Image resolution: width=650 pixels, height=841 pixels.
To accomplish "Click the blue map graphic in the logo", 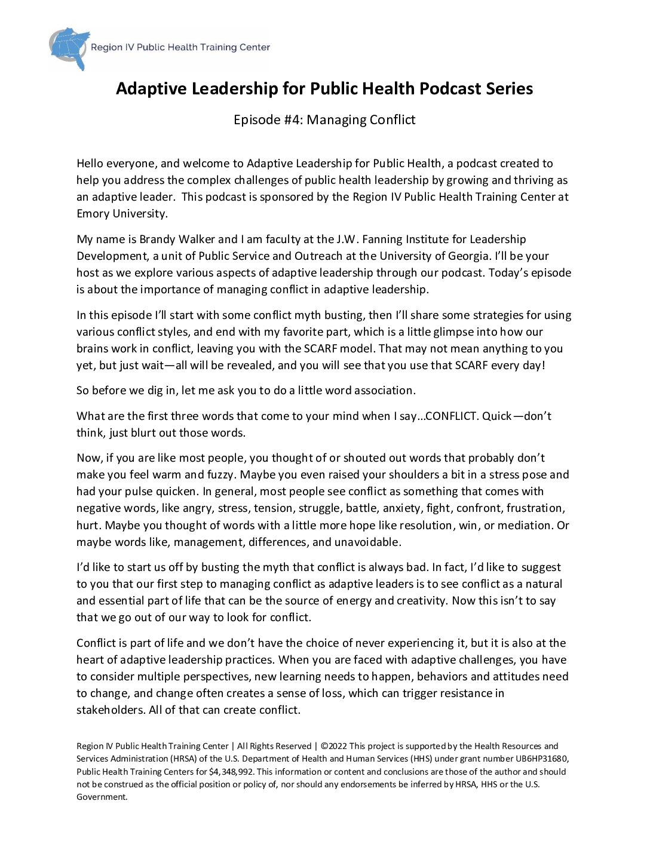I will [70, 47].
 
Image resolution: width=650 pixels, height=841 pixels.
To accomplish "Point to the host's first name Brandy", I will [158, 239].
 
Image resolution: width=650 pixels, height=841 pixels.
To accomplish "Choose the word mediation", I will [523, 525].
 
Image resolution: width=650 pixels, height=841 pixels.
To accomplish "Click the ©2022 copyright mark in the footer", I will [333, 746].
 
